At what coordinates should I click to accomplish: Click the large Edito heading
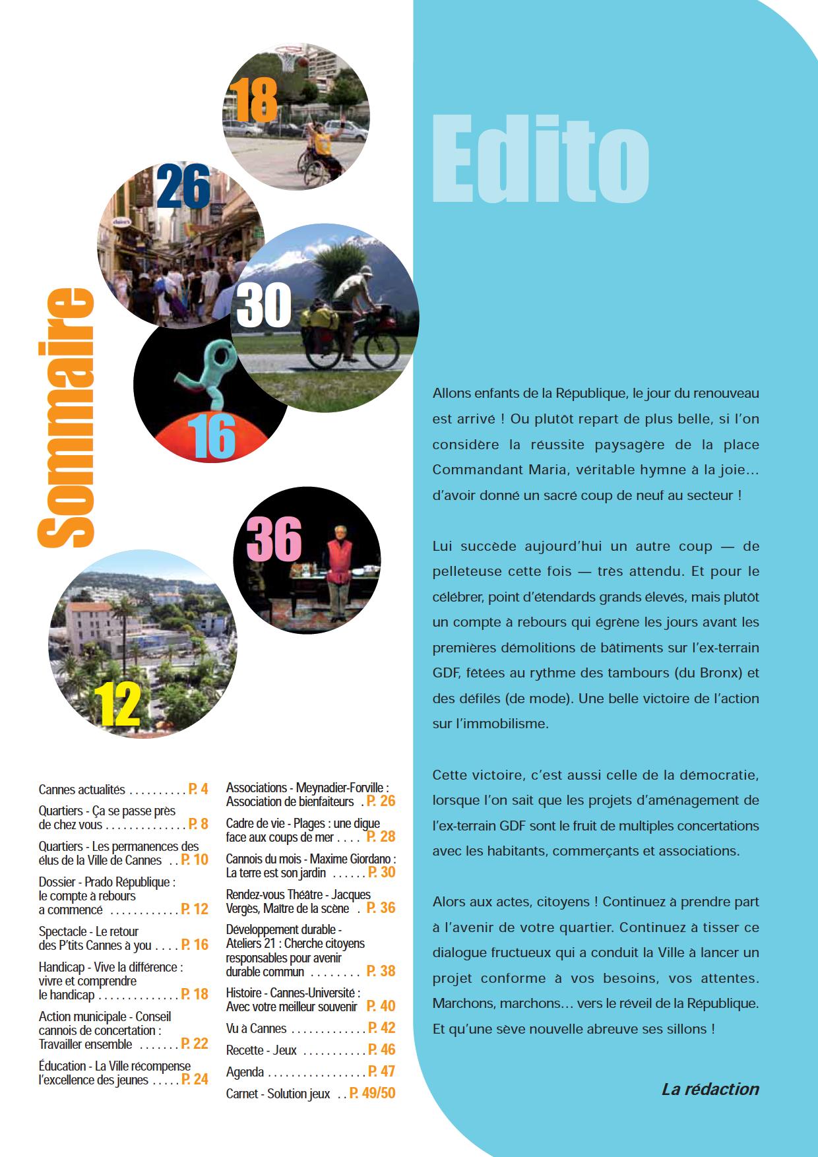(541, 159)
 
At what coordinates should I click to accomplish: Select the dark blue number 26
(184, 187)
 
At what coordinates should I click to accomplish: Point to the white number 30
(264, 305)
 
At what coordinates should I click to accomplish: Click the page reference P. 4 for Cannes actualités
(198, 789)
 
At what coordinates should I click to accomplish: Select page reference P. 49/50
(372, 1094)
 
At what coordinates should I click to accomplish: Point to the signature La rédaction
(710, 1089)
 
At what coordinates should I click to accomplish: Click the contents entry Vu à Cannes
(256, 1028)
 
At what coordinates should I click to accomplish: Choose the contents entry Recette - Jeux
(261, 1050)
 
